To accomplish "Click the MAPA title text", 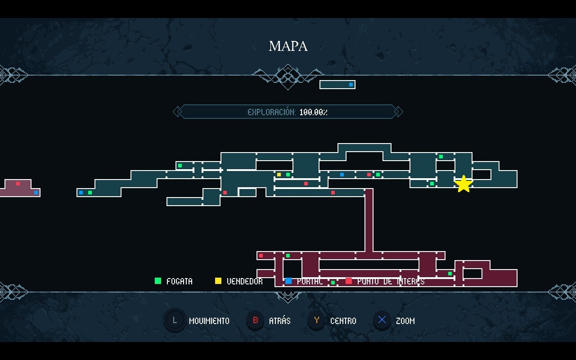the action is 288,46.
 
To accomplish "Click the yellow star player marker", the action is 463,184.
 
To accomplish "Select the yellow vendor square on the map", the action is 279,175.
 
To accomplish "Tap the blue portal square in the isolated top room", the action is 351,85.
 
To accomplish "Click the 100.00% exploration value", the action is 313,112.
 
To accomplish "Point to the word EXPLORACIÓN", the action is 271,112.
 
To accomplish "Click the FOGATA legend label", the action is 179,281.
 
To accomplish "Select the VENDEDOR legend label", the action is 245,281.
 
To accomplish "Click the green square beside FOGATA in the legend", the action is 157,281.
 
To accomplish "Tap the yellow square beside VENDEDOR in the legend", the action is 218,281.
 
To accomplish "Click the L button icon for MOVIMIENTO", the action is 175,320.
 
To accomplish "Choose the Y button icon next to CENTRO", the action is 317,320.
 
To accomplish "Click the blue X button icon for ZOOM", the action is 382,320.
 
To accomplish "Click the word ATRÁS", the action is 279,321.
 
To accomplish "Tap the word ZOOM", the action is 405,321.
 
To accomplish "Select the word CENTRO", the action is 343,321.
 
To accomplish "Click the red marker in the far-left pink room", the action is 18,184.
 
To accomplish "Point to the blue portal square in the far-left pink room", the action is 36,193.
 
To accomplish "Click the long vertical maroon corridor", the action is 369,220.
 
